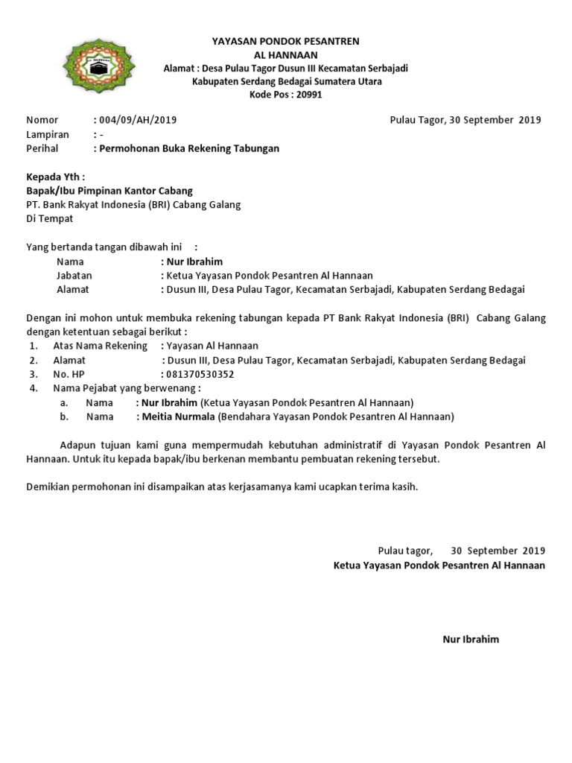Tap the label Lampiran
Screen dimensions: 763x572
(x=48, y=134)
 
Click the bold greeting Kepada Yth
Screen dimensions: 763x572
(x=56, y=177)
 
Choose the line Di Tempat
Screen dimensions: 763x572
(x=50, y=219)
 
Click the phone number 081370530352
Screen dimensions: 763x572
(x=200, y=374)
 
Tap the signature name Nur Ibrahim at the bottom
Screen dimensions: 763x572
(x=471, y=639)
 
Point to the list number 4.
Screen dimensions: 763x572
(x=34, y=388)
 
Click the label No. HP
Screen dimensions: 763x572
(x=70, y=374)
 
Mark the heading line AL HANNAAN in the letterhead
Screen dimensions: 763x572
(x=286, y=54)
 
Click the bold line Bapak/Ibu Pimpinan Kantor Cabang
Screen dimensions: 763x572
(x=109, y=191)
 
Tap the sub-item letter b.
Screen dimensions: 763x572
(x=64, y=417)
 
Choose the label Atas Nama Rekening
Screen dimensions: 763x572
(x=101, y=346)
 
